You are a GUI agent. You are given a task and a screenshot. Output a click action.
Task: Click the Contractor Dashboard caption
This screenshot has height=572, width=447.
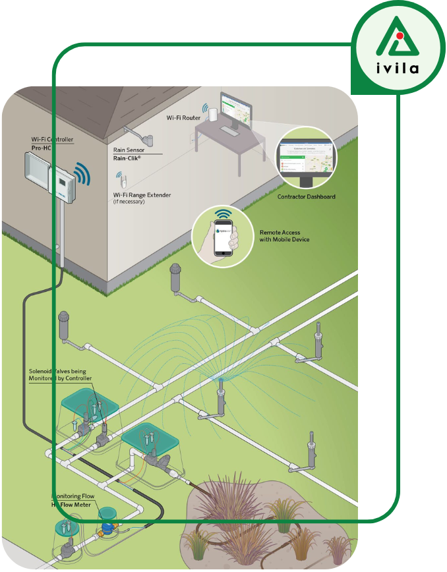306,197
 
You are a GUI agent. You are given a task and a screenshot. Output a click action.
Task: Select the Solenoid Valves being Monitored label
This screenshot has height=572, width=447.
60,375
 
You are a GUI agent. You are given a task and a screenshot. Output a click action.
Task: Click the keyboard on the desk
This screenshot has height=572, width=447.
230,132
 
